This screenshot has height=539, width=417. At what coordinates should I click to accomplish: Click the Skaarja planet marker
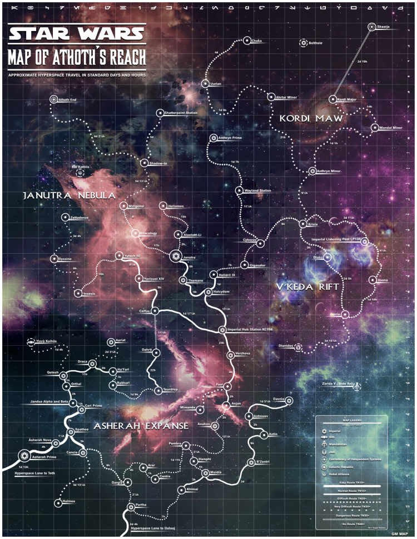(371, 27)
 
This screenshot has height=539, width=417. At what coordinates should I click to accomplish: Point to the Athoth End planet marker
(53, 99)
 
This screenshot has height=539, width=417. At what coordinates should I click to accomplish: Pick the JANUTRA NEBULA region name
(69, 195)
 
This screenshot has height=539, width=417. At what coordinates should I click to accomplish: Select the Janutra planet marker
(176, 257)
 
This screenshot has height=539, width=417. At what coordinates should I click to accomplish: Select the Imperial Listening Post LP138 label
(331, 240)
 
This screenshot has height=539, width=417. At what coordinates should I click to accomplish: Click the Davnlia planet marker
(289, 401)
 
